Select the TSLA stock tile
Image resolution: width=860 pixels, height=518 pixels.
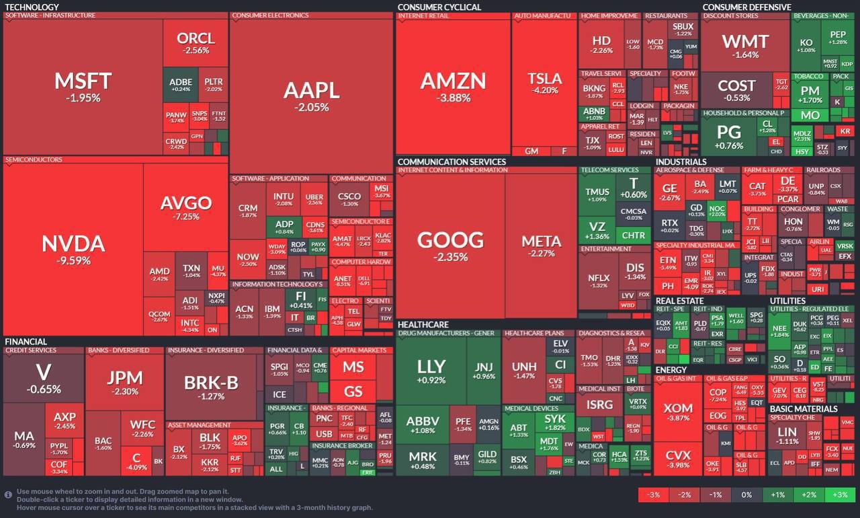[x=544, y=83]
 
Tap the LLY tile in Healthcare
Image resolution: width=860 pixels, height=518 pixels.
[x=431, y=370]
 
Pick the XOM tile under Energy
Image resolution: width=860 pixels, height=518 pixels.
[x=677, y=412]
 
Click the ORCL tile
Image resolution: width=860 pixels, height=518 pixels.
[x=196, y=42]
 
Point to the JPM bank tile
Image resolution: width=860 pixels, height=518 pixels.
[x=125, y=382]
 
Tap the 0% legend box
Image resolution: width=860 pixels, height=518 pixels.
[x=746, y=495]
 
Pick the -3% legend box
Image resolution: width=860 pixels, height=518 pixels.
[x=653, y=495]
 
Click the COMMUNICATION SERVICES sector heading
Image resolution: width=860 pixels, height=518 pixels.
[x=451, y=162]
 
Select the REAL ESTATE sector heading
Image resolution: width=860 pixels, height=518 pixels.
[x=679, y=301]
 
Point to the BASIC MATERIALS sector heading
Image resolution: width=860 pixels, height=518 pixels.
[x=804, y=408]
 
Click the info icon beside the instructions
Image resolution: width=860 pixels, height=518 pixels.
[x=8, y=494]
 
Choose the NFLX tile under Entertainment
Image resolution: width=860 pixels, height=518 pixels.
[x=599, y=281]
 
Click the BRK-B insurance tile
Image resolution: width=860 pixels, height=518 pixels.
[x=211, y=386]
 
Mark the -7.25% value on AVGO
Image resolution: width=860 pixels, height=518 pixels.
[x=186, y=217]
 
